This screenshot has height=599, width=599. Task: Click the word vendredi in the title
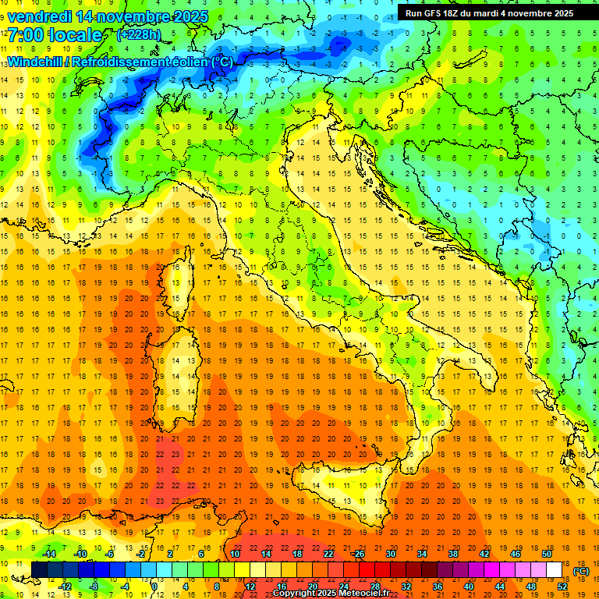40,16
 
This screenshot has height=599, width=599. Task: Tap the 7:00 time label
24,35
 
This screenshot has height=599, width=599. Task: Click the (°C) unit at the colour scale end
580,572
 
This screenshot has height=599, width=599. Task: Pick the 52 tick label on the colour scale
562,586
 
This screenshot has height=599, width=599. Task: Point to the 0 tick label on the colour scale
154,586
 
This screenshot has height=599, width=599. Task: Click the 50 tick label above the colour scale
547,554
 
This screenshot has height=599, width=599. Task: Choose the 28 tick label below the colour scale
374,586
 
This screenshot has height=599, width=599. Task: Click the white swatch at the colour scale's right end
554,569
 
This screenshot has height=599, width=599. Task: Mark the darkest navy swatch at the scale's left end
39,569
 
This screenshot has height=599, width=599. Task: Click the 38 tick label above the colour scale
452,554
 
